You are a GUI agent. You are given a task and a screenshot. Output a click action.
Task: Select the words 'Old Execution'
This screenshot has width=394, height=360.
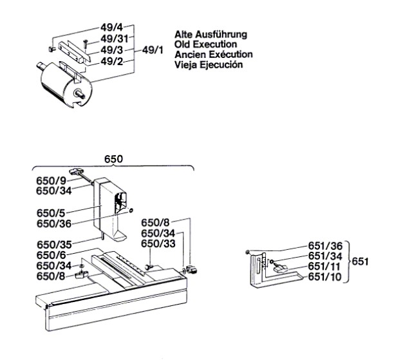tap(208, 44)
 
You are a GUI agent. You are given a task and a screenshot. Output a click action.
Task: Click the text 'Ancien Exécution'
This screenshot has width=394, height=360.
tap(213, 54)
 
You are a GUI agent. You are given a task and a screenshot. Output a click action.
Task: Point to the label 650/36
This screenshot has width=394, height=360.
tap(52, 222)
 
